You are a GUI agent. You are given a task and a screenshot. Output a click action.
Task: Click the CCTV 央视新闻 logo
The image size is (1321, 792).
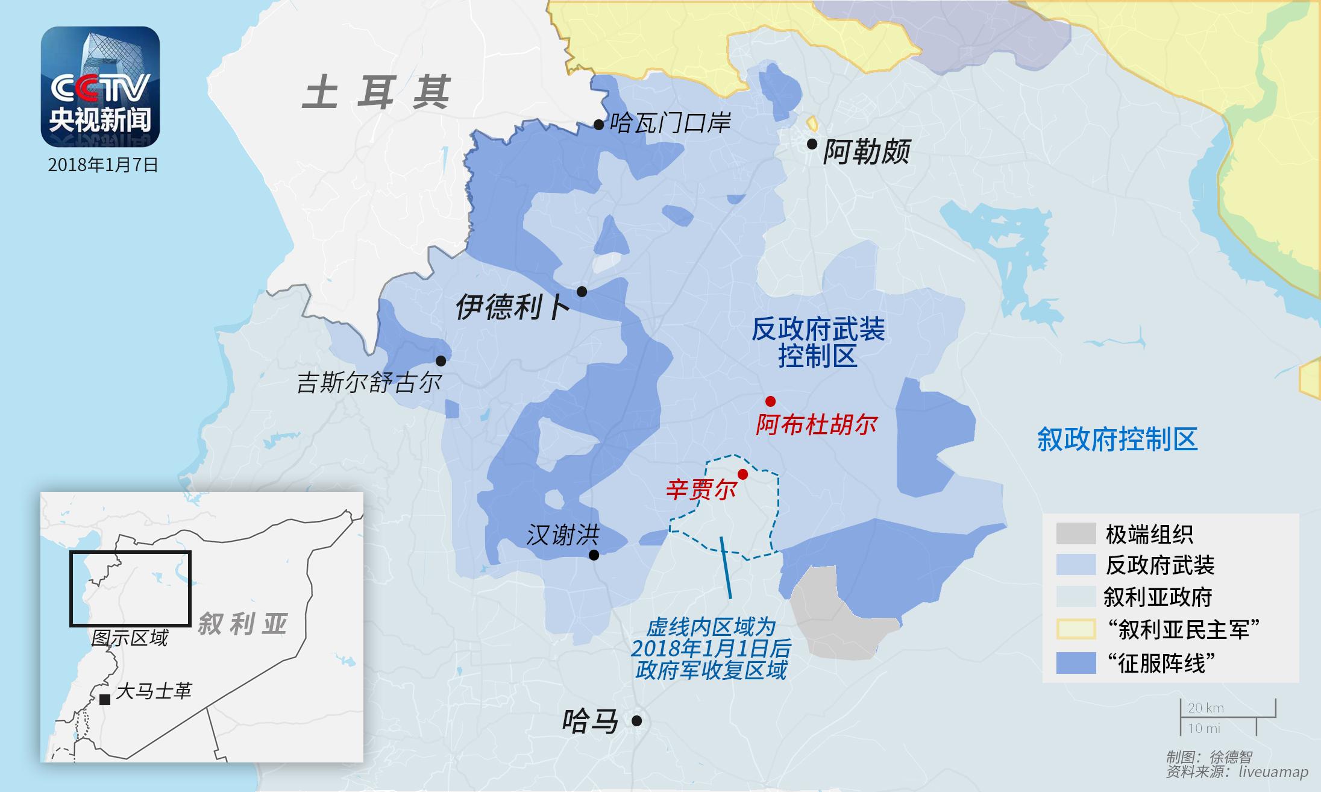pyautogui.click(x=100, y=87)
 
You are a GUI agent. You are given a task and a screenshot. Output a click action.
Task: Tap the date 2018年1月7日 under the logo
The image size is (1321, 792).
pyautogui.click(x=103, y=165)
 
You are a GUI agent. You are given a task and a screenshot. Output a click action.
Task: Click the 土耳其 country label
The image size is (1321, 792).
pyautogui.click(x=376, y=93)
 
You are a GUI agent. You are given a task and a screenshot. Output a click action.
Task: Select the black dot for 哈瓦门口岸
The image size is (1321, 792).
pyautogui.click(x=598, y=125)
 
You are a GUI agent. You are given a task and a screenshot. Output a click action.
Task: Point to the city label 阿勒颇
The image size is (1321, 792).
pyautogui.click(x=867, y=152)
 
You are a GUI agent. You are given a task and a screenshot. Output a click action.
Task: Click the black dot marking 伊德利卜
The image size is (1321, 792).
pyautogui.click(x=582, y=292)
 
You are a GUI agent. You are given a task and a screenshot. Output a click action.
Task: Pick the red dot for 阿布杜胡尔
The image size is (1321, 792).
pyautogui.click(x=770, y=401)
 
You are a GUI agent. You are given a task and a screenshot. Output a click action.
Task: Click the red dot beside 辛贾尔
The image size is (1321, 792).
pyautogui.click(x=743, y=474)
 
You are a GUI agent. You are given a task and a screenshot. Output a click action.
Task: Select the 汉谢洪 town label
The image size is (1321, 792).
pyautogui.click(x=563, y=535)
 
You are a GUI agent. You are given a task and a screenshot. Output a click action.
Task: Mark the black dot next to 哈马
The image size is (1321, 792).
pyautogui.click(x=636, y=720)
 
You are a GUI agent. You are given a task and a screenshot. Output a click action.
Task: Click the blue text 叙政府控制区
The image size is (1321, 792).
pyautogui.click(x=1117, y=439)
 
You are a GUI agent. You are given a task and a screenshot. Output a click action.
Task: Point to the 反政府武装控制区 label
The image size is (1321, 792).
pyautogui.click(x=818, y=342)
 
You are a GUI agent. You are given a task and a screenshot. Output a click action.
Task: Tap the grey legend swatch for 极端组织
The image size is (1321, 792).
pyautogui.click(x=1076, y=533)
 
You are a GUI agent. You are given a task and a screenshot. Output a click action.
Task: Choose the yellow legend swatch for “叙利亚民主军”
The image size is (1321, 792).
pyautogui.click(x=1076, y=630)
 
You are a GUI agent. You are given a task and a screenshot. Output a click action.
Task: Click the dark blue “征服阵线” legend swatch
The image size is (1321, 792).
pyautogui.click(x=1076, y=663)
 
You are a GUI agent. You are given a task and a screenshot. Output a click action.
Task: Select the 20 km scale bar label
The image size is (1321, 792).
pyautogui.click(x=1205, y=708)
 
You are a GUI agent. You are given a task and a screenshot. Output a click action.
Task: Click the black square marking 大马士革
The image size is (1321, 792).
pyautogui.click(x=105, y=699)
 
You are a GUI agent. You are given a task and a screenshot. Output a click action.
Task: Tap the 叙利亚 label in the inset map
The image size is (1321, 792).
pyautogui.click(x=242, y=624)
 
